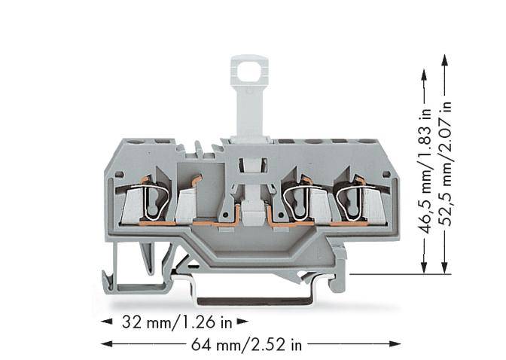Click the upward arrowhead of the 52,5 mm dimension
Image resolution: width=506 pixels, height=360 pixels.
pyautogui.click(x=445, y=59)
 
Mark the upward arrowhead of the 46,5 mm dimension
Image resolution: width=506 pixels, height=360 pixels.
pyautogui.click(x=425, y=75)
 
